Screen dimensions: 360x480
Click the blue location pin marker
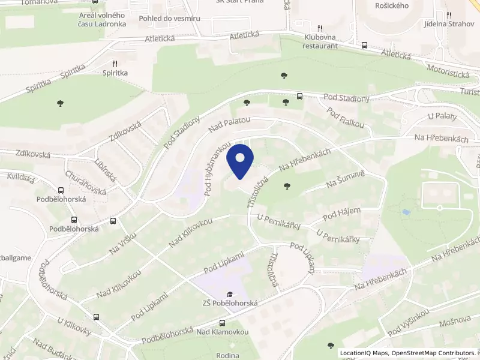(x=240, y=161)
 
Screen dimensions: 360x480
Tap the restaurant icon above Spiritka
(x=115, y=64)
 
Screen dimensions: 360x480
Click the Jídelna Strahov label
(x=448, y=23)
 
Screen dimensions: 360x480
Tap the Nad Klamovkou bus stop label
(x=223, y=331)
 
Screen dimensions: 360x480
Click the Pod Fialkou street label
(x=346, y=117)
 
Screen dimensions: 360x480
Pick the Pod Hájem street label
(x=341, y=213)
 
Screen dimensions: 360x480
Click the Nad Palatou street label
(x=229, y=125)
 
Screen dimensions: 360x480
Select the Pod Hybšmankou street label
(x=217, y=169)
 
